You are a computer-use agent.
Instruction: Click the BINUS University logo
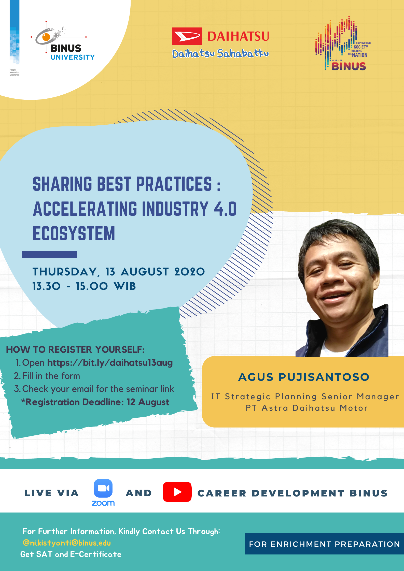(62, 42)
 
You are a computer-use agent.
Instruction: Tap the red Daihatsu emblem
(187, 36)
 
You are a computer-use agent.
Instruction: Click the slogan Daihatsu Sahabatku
(220, 53)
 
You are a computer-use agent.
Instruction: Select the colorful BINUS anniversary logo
(343, 43)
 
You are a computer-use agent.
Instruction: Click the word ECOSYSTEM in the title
(74, 233)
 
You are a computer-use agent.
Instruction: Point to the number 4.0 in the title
(225, 209)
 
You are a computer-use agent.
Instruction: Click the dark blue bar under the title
(49, 255)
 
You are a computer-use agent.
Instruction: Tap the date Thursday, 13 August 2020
(119, 272)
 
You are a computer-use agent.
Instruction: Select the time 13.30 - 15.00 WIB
(84, 286)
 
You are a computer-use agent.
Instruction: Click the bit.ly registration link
(110, 363)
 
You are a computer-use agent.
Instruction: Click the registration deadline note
(95, 402)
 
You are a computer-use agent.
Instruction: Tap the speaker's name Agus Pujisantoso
(304, 377)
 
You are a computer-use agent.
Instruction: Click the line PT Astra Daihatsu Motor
(307, 408)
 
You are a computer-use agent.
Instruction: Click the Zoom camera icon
(103, 488)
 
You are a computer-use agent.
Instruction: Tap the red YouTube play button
(177, 492)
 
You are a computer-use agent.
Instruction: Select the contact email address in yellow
(67, 543)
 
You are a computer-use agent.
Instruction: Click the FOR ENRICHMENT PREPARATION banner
(325, 544)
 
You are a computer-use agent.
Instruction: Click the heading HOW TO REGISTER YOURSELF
(75, 350)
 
